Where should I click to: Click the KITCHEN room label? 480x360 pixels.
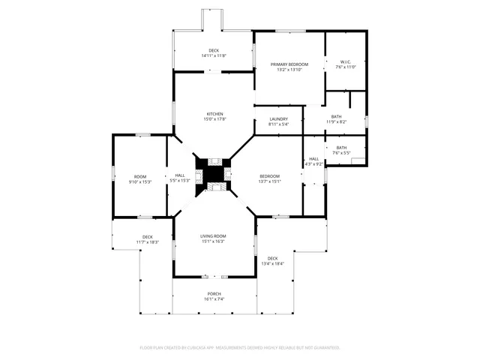(x=214, y=114)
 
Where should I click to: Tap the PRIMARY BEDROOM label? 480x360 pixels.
(x=289, y=64)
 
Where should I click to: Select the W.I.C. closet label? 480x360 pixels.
(x=345, y=62)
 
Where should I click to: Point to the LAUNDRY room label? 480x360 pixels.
(x=278, y=119)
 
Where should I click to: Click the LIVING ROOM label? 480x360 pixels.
(x=214, y=236)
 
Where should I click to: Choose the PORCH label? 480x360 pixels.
(x=214, y=294)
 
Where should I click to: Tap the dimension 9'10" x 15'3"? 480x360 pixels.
(x=140, y=181)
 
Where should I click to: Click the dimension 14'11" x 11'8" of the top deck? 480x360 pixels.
(x=214, y=56)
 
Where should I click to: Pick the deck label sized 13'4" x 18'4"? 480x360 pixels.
(x=272, y=258)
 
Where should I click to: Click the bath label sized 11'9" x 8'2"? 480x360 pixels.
(x=336, y=116)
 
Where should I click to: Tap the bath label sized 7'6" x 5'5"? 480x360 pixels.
(x=341, y=148)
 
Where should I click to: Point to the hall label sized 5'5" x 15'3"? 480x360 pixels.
(x=180, y=175)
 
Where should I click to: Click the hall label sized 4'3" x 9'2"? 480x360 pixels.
(x=313, y=159)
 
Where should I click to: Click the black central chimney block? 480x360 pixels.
(x=214, y=175)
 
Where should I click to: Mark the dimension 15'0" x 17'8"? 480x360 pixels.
(x=214, y=119)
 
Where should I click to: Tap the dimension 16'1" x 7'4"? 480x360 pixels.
(x=214, y=299)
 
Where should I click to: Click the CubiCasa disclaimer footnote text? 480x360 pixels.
(x=240, y=348)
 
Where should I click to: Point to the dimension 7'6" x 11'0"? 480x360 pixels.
(x=345, y=67)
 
